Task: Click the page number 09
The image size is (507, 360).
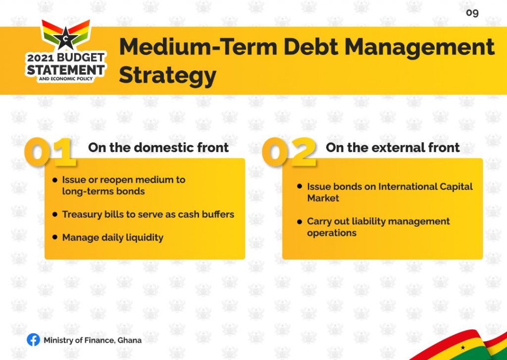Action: [x=472, y=13]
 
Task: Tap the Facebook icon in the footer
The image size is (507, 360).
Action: [x=33, y=340]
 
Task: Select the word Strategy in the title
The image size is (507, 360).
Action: [x=167, y=75]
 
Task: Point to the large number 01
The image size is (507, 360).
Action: [x=50, y=152]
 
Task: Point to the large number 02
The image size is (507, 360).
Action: [x=289, y=152]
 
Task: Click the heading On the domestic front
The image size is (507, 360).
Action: [x=158, y=148]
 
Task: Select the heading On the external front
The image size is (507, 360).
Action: [x=393, y=148]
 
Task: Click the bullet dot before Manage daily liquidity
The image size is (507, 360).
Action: [x=54, y=237]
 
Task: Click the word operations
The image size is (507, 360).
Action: [x=332, y=233]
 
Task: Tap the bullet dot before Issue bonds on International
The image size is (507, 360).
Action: [x=300, y=186]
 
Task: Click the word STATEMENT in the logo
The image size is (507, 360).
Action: [x=66, y=69]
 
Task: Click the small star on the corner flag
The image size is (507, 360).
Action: [x=463, y=348]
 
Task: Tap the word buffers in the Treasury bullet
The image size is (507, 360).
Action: [x=218, y=214]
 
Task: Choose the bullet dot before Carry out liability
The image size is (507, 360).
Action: [x=300, y=221]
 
